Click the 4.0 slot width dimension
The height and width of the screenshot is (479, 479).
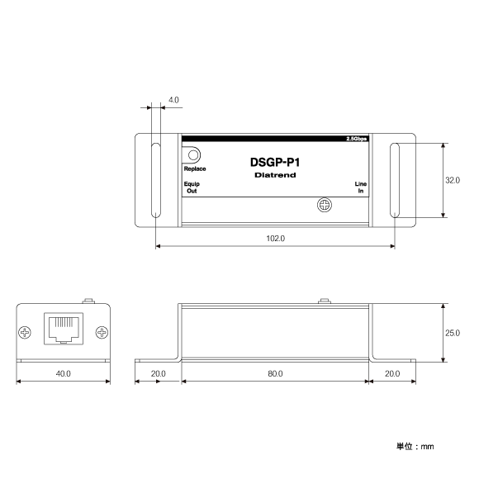point(173,100)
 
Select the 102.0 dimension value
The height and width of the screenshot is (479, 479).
point(275,238)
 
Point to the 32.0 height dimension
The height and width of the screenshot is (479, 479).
point(453,180)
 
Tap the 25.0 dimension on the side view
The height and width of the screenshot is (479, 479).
point(453,333)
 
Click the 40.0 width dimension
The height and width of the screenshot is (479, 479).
point(64,373)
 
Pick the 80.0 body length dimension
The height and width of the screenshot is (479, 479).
point(275,373)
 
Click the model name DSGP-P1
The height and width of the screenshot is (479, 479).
point(275,163)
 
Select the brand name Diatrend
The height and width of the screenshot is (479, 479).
point(275,176)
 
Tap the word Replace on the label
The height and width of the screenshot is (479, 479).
point(195,168)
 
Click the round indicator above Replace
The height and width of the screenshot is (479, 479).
point(194,154)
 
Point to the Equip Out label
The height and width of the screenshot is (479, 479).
point(192,187)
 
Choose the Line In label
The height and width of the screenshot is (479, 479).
point(360,187)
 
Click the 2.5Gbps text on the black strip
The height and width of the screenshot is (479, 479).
point(357,139)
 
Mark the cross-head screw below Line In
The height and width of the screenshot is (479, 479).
point(325,205)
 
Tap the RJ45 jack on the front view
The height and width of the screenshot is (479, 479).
point(64,328)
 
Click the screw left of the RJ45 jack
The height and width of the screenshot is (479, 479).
point(26,333)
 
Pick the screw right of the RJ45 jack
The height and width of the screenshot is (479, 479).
point(102,333)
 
